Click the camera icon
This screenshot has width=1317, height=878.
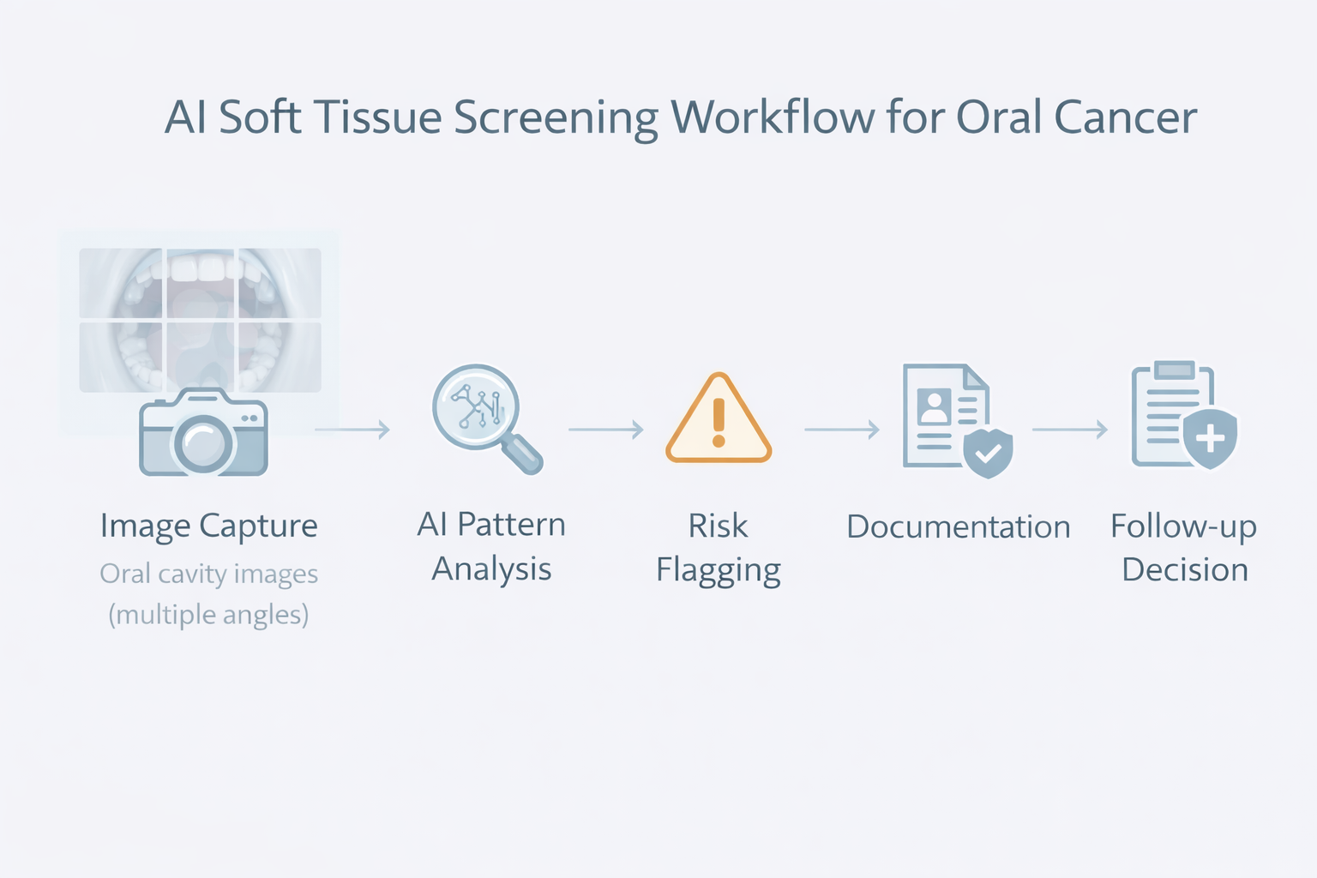point(203,433)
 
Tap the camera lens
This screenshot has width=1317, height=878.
point(204,443)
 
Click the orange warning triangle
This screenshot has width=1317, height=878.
point(719,419)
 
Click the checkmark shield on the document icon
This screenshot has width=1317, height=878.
point(988,451)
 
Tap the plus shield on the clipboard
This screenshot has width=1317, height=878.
point(1209,439)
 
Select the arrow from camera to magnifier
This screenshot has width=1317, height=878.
point(352,429)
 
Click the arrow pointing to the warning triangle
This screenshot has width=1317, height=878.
point(605,429)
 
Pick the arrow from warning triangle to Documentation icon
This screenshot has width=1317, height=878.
point(841,429)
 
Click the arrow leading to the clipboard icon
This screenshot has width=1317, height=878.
point(1069,429)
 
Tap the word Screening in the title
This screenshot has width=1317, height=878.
point(556,119)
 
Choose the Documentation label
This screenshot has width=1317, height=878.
point(958,526)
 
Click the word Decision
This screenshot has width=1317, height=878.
point(1184,570)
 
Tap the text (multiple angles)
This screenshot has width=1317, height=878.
point(208,615)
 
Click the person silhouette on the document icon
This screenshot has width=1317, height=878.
point(934,406)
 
